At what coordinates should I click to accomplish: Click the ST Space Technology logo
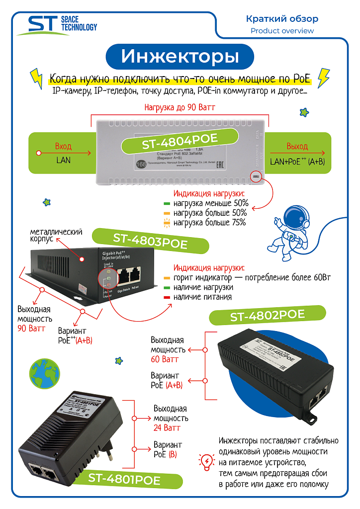[x=56, y=25]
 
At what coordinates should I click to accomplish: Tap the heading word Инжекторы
[x=180, y=56]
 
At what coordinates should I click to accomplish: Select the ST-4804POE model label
[x=180, y=142]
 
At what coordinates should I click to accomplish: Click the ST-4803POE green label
[x=150, y=239]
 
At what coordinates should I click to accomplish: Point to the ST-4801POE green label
[x=124, y=480]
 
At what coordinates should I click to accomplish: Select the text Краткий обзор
[x=282, y=19]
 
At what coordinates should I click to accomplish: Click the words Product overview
[x=282, y=31]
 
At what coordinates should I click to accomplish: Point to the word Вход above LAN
[x=63, y=147]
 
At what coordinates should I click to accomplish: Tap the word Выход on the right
[x=297, y=147]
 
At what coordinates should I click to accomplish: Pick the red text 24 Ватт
[x=167, y=427]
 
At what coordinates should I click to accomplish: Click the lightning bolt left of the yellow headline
[x=36, y=78]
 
